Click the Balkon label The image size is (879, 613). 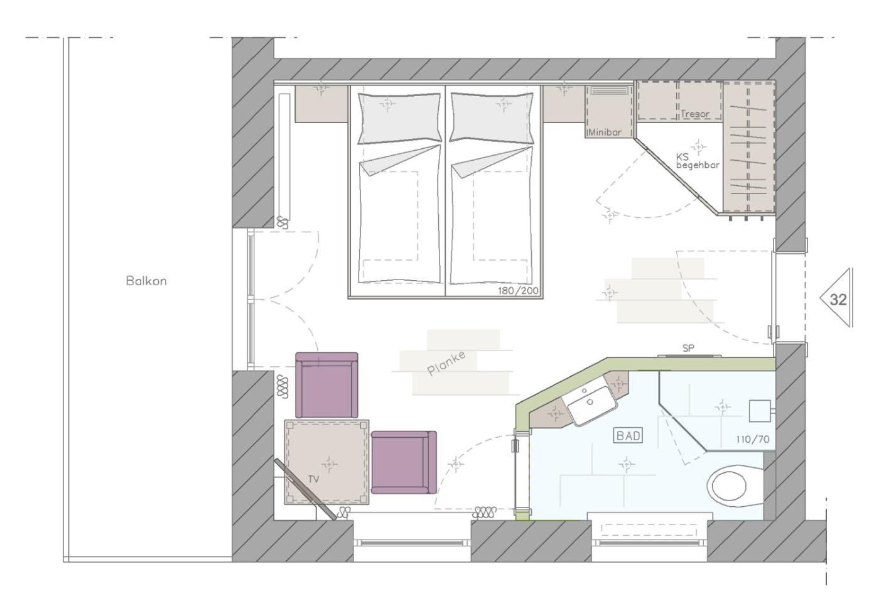146,281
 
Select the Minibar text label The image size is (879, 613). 605,133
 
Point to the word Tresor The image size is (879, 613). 696,114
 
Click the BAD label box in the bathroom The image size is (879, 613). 628,436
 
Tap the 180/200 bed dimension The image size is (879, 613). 518,291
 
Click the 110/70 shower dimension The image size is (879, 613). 753,439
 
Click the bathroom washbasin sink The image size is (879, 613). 589,404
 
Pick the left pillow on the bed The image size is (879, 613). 400,118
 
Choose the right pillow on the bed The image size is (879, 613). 492,117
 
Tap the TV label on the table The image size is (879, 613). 313,479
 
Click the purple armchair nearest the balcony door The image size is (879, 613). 326,385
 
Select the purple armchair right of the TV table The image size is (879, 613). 404,462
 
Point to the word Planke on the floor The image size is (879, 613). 446,364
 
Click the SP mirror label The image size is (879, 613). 688,348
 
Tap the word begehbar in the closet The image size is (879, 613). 698,165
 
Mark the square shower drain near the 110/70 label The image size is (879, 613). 760,411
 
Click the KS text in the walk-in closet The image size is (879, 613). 682,156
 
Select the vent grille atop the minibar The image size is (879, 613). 610,90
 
